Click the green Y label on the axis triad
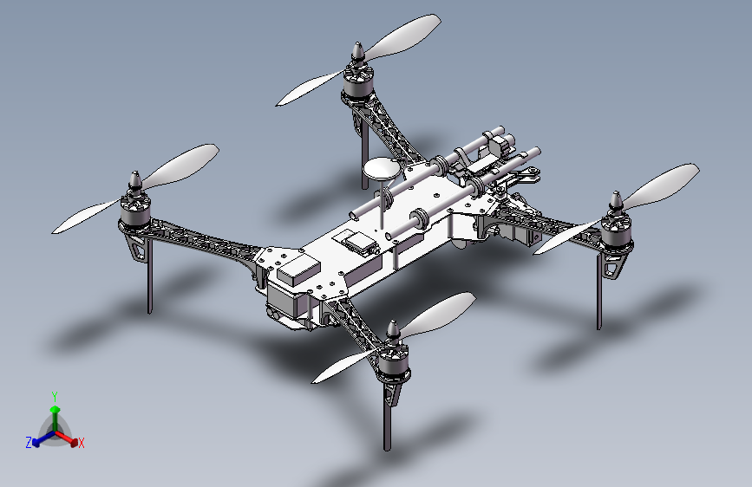click(55, 395)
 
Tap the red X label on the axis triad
click(82, 444)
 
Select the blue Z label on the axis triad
click(29, 442)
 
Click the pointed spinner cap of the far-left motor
click(135, 181)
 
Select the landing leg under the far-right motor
click(599, 295)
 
